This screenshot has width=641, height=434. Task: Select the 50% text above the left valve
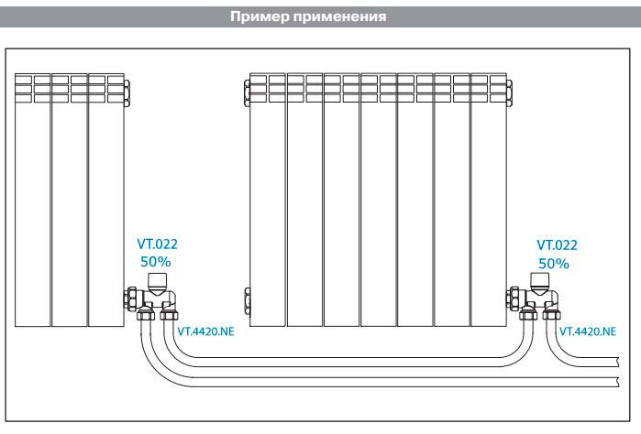coord(155,263)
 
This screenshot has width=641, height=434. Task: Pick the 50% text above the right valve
coord(553,263)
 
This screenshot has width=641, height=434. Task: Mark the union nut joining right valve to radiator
coord(514,299)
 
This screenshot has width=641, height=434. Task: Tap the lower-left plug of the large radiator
coord(245,299)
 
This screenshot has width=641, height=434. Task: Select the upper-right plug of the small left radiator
coord(127,88)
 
